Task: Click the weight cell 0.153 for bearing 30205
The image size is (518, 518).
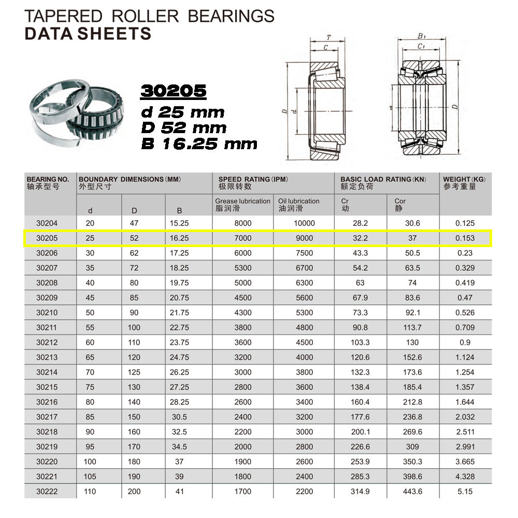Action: [x=465, y=238]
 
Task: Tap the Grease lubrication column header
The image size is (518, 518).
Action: [x=242, y=205]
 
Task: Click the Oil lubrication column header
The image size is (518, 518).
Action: [x=299, y=205]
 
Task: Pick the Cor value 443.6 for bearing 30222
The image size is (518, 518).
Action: [x=412, y=492]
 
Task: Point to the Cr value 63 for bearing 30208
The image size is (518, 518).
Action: [x=360, y=283]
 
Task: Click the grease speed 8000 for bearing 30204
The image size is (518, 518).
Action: [x=242, y=223]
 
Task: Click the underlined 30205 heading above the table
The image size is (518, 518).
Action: [x=174, y=92]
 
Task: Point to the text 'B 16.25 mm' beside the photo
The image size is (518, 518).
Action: [x=199, y=143]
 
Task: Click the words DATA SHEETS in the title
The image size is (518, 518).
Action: [x=88, y=34]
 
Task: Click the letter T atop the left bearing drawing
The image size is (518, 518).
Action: [x=328, y=37]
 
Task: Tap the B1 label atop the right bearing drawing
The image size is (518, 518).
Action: [x=421, y=36]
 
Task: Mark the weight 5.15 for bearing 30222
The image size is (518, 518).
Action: [x=465, y=492]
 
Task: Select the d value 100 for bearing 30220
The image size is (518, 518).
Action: [x=91, y=462]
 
